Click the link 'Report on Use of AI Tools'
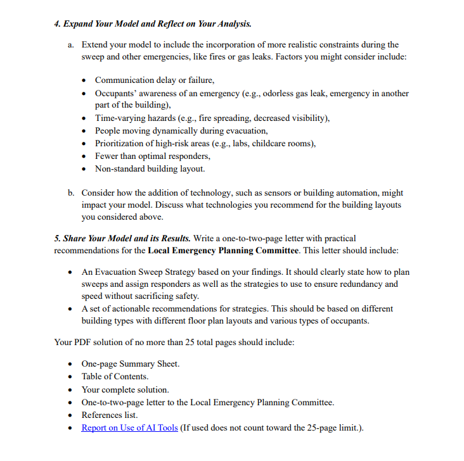pyautogui.click(x=129, y=427)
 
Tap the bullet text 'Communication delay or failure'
pyautogui.click(x=155, y=80)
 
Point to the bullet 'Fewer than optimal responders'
pyautogui.click(x=152, y=156)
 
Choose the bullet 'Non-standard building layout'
pyautogui.click(x=150, y=168)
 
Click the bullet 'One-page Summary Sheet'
pyautogui.click(x=130, y=364)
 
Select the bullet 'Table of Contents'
pyautogui.click(x=115, y=377)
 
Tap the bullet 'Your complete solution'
pyautogui.click(x=125, y=389)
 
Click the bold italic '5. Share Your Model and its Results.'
pyautogui.click(x=122, y=239)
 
